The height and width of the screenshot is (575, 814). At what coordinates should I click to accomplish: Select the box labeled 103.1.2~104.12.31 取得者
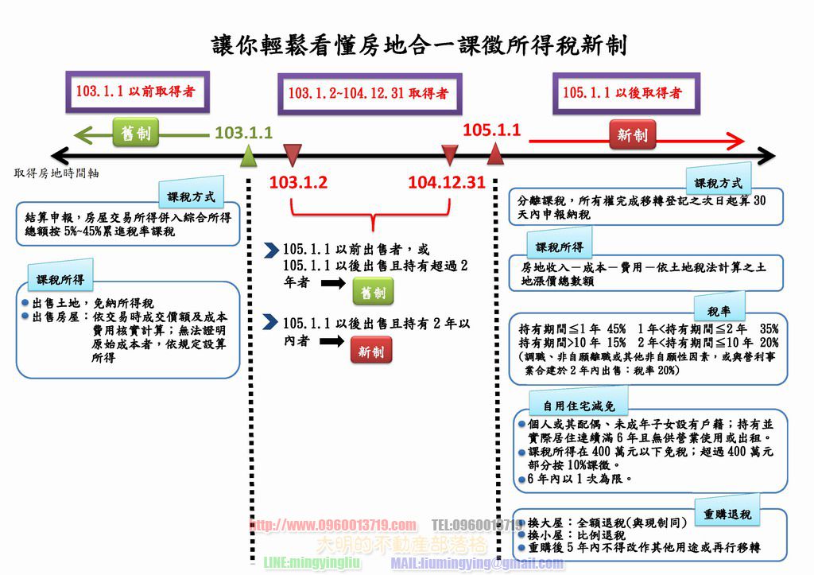[367, 93]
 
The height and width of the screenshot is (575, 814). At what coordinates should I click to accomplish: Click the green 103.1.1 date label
[244, 133]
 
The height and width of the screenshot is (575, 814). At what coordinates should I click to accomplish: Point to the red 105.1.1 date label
[491, 130]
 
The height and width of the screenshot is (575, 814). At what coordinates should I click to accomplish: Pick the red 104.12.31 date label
[446, 182]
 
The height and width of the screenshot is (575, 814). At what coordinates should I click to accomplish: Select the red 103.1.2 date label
[298, 182]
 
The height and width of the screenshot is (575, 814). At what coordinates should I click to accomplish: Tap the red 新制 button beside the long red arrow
[632, 135]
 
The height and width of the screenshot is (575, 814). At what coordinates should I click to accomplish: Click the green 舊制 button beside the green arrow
[135, 133]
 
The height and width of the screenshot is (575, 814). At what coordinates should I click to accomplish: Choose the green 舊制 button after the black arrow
[372, 293]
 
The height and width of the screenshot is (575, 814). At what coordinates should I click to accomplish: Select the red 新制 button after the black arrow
[370, 350]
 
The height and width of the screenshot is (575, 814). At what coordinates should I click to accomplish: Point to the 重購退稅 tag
[727, 514]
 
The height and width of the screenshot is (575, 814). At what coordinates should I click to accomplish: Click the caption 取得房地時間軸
[56, 173]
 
